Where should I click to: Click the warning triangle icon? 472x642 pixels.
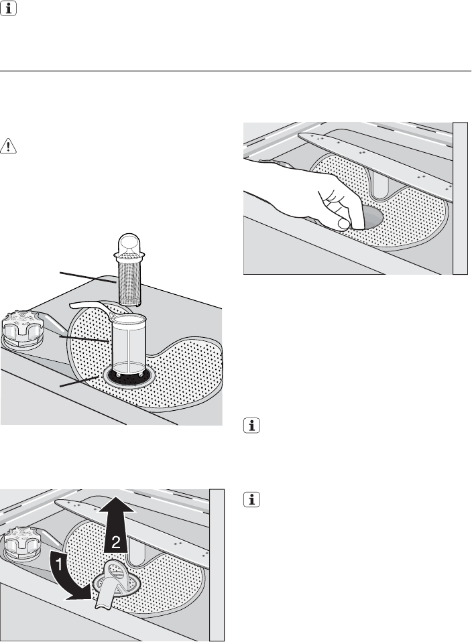8,146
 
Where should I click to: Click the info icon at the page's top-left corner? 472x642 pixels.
8,8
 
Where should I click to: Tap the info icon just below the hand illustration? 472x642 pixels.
251,426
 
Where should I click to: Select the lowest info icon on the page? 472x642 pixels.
251,499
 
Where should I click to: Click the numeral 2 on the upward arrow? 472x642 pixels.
116,542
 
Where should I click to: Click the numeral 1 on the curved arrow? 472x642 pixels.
58,565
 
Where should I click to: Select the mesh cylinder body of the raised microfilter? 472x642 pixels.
129,283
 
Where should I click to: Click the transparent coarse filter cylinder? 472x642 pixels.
129,344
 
